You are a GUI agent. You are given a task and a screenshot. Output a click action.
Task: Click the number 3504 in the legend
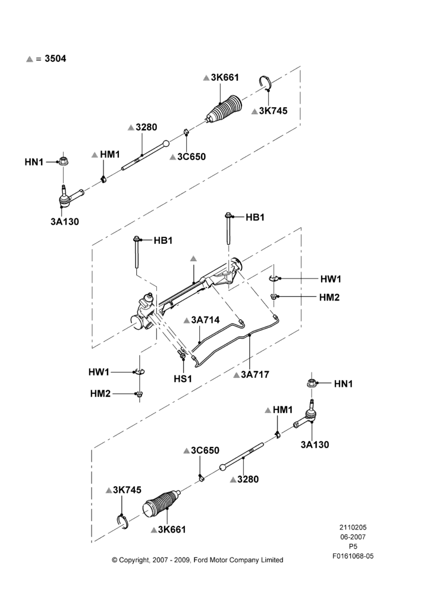click(x=55, y=58)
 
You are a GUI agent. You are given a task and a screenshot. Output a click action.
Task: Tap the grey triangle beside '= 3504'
click(x=30, y=59)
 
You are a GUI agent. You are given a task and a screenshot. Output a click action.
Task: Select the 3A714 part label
click(x=205, y=320)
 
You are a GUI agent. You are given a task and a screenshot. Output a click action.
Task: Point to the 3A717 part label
click(x=255, y=374)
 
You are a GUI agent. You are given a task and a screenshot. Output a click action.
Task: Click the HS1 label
click(x=183, y=378)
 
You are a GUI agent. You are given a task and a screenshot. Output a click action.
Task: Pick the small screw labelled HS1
click(x=182, y=355)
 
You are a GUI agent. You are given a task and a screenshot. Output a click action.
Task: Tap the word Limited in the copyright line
click(x=272, y=560)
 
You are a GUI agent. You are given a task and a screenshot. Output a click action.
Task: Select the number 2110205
click(x=353, y=527)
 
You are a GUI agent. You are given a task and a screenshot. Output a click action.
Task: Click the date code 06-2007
click(x=353, y=537)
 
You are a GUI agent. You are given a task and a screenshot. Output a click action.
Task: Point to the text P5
click(x=353, y=547)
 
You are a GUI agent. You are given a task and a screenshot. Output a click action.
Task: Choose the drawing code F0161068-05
click(x=353, y=556)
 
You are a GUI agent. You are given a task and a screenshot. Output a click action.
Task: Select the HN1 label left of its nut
click(x=34, y=162)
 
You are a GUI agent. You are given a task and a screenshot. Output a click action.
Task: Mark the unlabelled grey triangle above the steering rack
click(x=193, y=258)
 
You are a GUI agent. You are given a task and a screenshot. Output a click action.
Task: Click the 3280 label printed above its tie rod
click(x=146, y=127)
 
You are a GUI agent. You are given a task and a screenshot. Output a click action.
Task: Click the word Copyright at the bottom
click(x=134, y=560)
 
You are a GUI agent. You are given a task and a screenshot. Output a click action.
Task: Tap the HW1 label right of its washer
click(x=331, y=279)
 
